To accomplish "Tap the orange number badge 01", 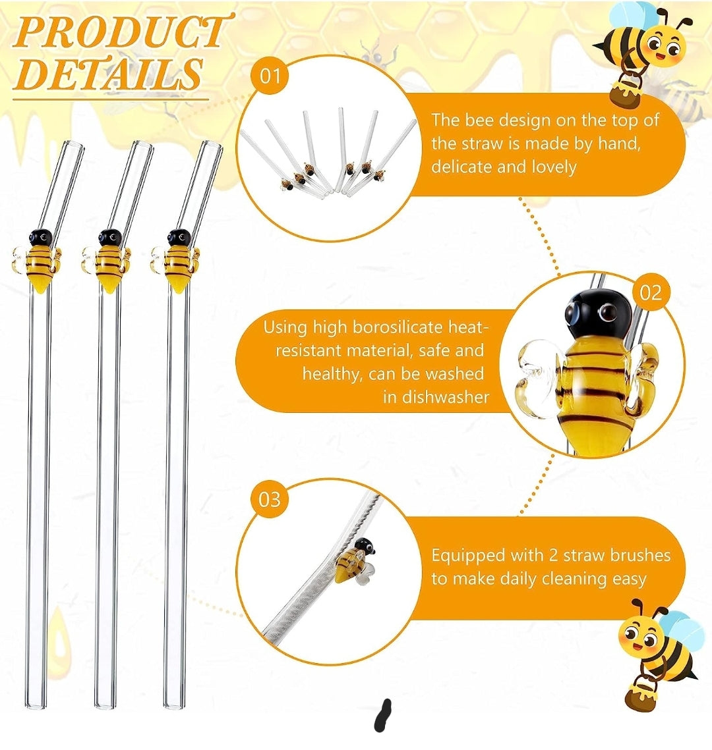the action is point(270,76).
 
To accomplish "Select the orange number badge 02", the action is point(650,292).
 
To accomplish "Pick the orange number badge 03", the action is point(270,499).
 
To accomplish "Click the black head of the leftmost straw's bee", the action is point(40,238).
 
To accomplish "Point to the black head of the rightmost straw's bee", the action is point(177,238).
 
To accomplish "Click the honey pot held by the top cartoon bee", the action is point(627,91).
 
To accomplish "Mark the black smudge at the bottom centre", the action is point(382,715).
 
